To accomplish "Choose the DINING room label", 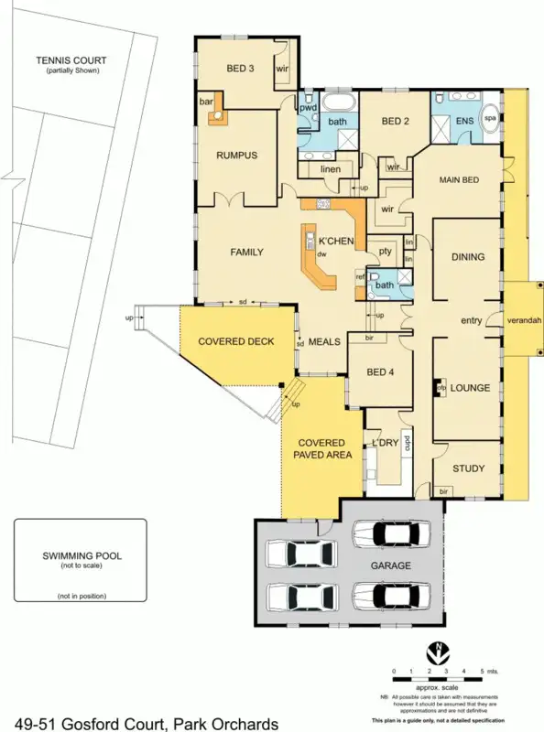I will coord(467,257).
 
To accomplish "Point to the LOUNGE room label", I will coord(471,387).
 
